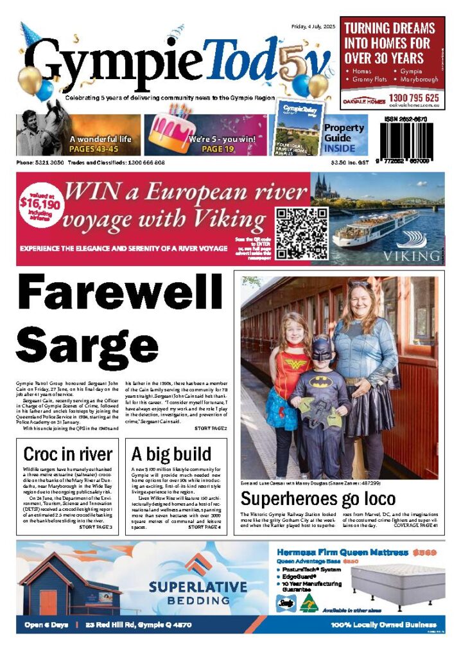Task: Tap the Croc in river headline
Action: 67,454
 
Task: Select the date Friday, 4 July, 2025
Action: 312,26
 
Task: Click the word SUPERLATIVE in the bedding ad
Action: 197,587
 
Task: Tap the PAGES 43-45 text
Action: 100,148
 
